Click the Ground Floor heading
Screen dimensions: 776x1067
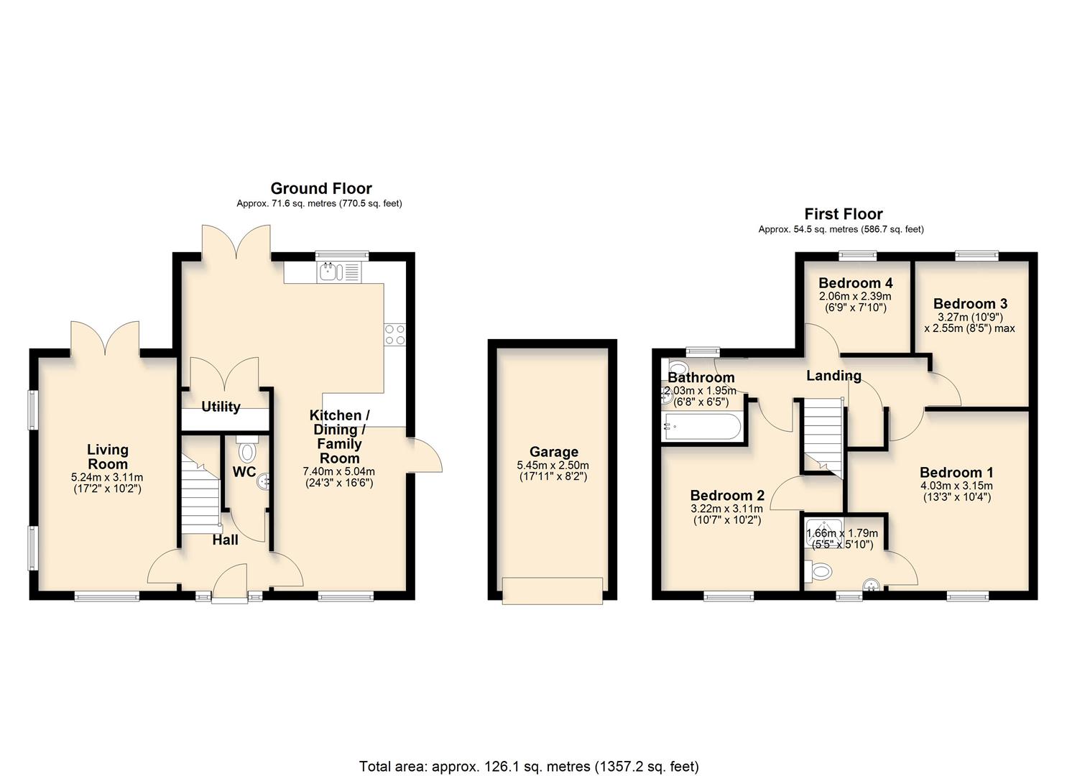[x=320, y=188]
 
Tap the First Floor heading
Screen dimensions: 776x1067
[x=843, y=213]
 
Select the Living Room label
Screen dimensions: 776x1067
[x=108, y=456]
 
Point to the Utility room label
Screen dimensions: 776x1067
[x=221, y=407]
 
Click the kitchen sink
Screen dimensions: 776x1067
[x=330, y=272]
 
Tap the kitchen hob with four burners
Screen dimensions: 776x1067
[x=394, y=335]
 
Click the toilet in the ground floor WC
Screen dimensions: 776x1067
[x=247, y=451]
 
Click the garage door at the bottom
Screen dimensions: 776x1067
[x=553, y=591]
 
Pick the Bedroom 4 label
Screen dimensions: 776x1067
[x=855, y=282]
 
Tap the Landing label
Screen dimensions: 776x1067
[x=833, y=375]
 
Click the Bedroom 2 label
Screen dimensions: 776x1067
[x=727, y=495]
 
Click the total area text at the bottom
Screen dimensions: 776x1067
[x=528, y=766]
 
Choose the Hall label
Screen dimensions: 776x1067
[x=225, y=540]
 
